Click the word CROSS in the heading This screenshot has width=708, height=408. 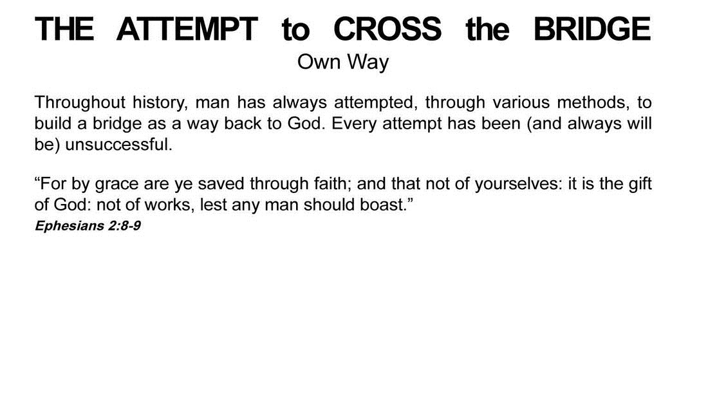tap(387, 29)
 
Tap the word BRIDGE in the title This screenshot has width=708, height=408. tap(592, 29)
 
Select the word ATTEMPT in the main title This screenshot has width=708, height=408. tap(187, 29)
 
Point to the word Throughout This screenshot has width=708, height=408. tap(80, 102)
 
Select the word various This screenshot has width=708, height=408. tap(521, 102)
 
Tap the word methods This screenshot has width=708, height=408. tap(593, 103)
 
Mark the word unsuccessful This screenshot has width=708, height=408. tap(119, 145)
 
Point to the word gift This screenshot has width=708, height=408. tap(640, 184)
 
